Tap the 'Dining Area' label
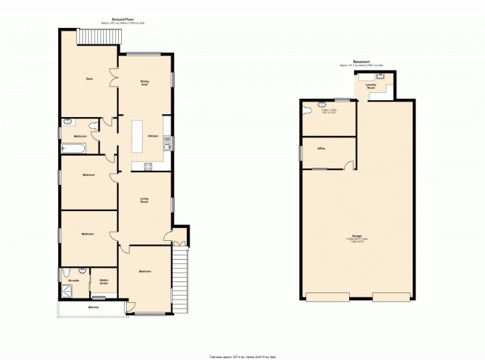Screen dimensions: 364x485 pos(145,83)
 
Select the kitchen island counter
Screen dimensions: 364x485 pos(138,136)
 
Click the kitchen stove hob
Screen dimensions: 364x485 pos(147,166)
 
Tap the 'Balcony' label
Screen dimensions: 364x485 pos(93,308)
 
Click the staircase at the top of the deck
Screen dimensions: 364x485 pos(99,38)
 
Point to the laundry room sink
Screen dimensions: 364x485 pos(380,76)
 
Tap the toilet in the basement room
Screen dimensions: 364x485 pos(307,110)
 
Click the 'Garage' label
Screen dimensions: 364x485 pos(357,235)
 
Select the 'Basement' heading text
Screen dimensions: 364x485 pos(362,61)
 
